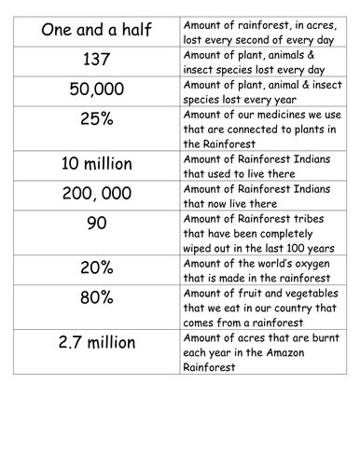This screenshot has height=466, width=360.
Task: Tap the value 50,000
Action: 91,89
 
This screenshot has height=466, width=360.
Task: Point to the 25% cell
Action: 91,120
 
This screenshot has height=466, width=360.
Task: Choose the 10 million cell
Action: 91,166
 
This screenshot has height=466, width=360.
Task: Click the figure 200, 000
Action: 91,196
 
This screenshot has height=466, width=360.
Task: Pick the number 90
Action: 91,225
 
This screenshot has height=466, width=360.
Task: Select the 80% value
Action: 91,298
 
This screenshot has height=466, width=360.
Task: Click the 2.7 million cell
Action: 91,342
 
